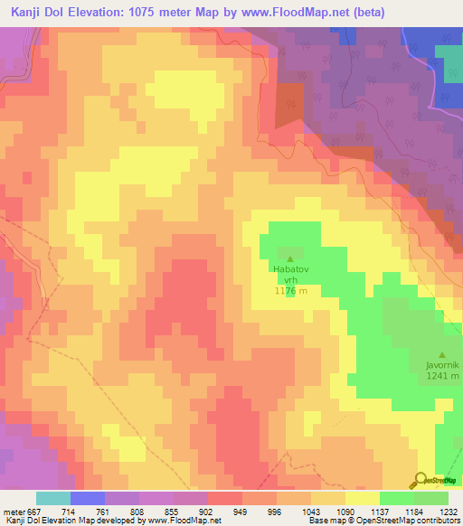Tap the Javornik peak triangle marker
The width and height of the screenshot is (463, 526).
[x=441, y=354]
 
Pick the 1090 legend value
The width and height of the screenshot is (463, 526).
[x=345, y=512]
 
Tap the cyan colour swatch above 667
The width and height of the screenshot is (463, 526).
[x=53, y=498]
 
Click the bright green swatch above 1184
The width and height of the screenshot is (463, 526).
[x=397, y=498]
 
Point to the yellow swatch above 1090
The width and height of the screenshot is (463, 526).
[x=363, y=498]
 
